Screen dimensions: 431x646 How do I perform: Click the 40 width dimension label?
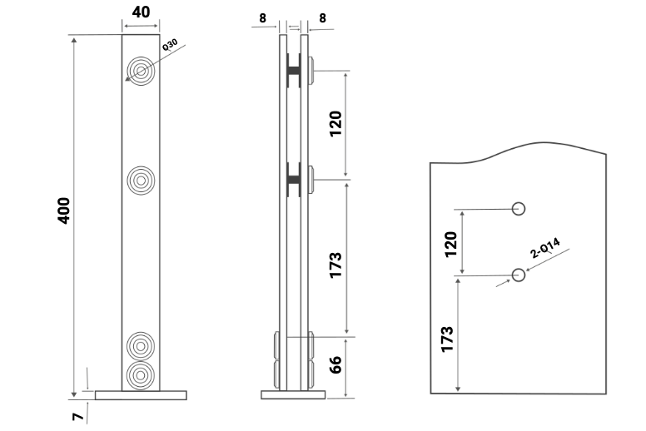tap(141, 13)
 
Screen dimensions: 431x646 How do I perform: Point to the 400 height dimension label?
tap(63, 211)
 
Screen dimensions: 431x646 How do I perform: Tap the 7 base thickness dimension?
tap(77, 416)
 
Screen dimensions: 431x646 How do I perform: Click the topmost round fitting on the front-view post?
tap(141, 71)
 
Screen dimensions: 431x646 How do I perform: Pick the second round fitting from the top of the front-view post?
tap(141, 179)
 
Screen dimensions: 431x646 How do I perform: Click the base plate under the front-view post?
tap(141, 395)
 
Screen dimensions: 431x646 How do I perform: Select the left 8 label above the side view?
tap(263, 17)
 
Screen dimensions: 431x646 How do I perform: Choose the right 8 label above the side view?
tap(322, 17)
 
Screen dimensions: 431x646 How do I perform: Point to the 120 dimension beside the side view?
tap(335, 124)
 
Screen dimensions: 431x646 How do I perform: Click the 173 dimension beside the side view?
tap(335, 264)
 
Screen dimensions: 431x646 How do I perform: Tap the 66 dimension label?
tap(336, 365)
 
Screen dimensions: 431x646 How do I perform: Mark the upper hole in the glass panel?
tap(519, 208)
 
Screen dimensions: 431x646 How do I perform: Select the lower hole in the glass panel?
tap(519, 274)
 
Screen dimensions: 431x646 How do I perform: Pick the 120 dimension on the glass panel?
tap(451, 244)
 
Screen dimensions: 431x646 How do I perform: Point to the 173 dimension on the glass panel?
tap(447, 339)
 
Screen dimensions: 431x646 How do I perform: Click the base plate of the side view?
tap(293, 394)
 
